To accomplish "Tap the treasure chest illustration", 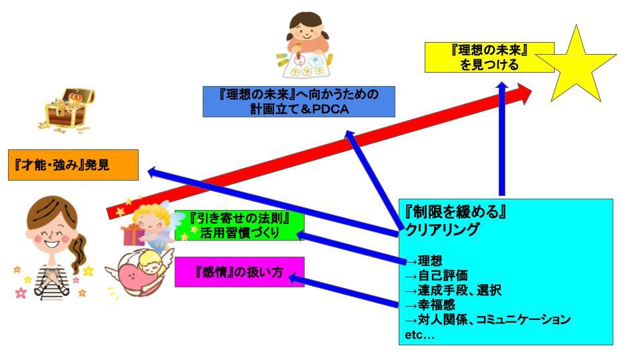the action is pyautogui.click(x=67, y=110).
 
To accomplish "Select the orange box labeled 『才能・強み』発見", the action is pyautogui.click(x=73, y=165).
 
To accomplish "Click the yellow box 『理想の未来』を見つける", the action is pyautogui.click(x=489, y=57).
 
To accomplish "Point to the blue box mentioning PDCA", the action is pyautogui.click(x=299, y=101).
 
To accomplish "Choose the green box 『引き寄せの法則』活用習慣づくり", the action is pyautogui.click(x=239, y=225).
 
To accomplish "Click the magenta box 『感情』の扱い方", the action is pyautogui.click(x=239, y=272).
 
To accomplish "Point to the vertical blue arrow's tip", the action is pyautogui.click(x=501, y=83).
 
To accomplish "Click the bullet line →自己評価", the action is pyautogui.click(x=436, y=275).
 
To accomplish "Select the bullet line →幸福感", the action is pyautogui.click(x=430, y=305).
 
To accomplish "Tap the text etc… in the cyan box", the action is pyautogui.click(x=419, y=335).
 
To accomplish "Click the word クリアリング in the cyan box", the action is pyautogui.click(x=442, y=230).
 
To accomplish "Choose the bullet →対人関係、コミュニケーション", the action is pyautogui.click(x=488, y=319).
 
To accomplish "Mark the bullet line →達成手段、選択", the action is pyautogui.click(x=453, y=290).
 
